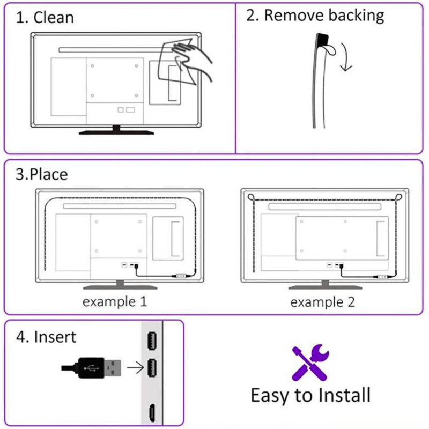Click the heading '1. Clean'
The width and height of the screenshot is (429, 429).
click(x=45, y=17)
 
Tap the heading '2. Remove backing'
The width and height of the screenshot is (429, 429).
click(x=315, y=15)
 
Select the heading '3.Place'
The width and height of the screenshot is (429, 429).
click(x=42, y=174)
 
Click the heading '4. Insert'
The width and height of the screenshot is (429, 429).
click(x=46, y=337)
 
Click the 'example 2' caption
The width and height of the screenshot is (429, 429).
click(x=322, y=302)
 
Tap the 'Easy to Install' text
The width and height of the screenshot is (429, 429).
click(x=310, y=396)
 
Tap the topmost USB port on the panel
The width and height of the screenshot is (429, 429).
click(x=152, y=339)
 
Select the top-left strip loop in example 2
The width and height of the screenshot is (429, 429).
click(x=250, y=197)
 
